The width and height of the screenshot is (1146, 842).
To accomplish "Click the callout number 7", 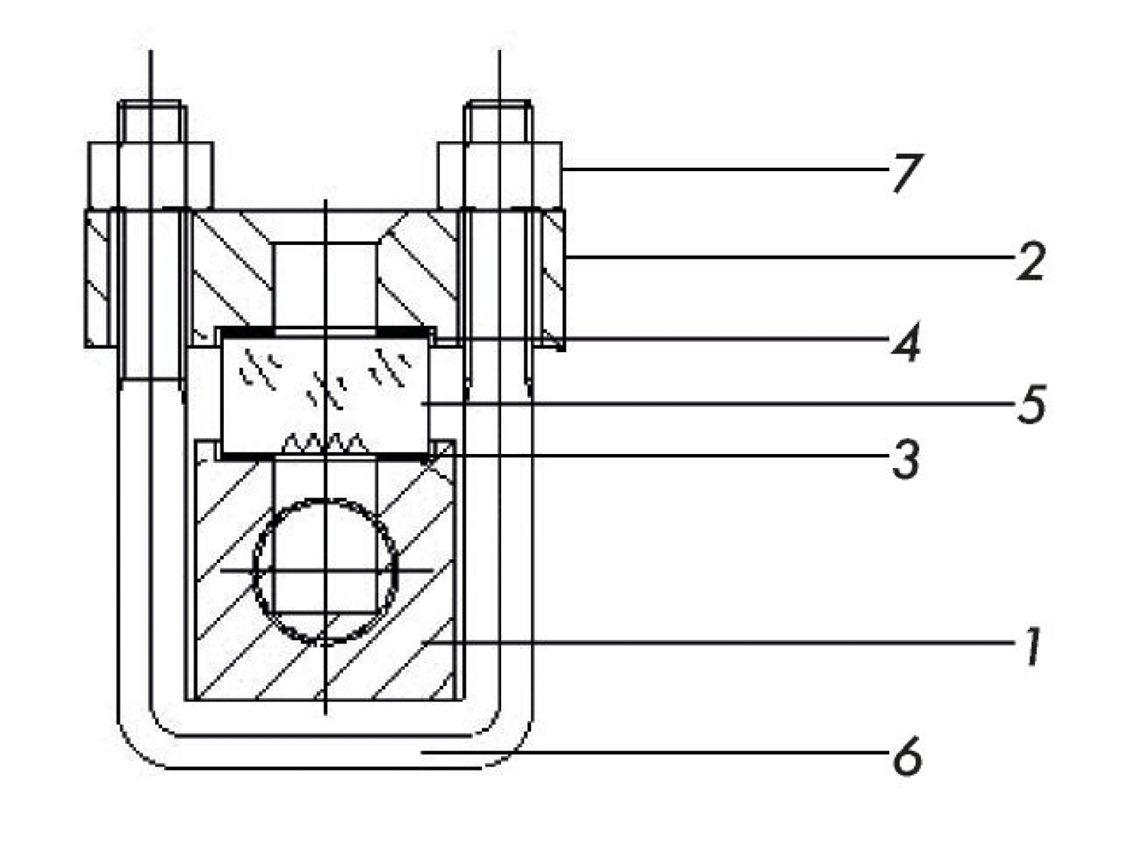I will (905, 173).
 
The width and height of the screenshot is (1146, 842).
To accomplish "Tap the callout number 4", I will (905, 343).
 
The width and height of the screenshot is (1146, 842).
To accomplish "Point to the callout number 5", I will (1031, 404).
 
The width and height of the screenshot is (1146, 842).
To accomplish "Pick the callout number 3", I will (905, 460).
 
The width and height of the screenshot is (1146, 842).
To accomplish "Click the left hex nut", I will (150, 175).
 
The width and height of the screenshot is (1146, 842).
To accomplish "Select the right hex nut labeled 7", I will (500, 175).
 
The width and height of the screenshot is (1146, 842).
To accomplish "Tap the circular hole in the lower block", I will (326, 570).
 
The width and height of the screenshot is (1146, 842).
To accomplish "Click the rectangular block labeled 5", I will (325, 393).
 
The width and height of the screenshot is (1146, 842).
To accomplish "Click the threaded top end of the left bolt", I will (151, 123).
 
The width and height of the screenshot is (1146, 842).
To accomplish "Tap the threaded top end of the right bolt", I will (498, 123).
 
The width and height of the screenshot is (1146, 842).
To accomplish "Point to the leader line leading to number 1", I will (702, 642).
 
